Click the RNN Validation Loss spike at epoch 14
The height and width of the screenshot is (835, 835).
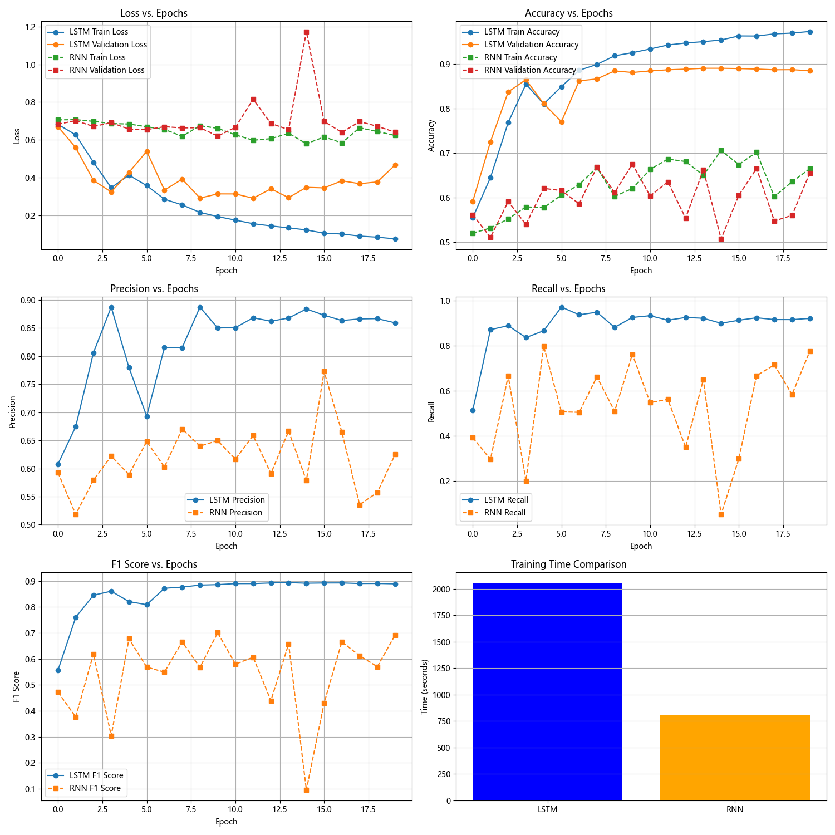click(306, 32)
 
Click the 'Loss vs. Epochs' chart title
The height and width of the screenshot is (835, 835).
click(154, 13)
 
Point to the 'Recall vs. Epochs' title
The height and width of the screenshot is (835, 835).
click(568, 289)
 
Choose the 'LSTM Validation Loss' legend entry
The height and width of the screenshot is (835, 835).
click(108, 45)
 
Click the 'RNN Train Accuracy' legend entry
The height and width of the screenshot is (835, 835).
click(520, 57)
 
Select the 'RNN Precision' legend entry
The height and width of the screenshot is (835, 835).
click(235, 513)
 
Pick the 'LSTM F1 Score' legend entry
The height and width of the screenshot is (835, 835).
click(96, 775)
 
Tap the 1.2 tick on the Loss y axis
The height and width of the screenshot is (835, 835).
click(30, 27)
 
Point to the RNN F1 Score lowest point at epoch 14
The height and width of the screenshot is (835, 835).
click(306, 790)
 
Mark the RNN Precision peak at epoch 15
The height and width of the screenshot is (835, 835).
click(324, 371)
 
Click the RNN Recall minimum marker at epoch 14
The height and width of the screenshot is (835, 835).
click(721, 514)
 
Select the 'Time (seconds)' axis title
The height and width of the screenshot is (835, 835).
click(425, 687)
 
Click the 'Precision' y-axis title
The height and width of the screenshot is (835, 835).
click(12, 412)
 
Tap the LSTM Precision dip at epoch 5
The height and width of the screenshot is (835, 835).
click(147, 416)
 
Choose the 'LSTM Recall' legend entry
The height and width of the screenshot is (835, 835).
click(505, 500)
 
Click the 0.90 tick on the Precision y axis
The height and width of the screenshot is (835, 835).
click(29, 301)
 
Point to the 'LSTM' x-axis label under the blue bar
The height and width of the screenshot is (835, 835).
click(547, 809)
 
